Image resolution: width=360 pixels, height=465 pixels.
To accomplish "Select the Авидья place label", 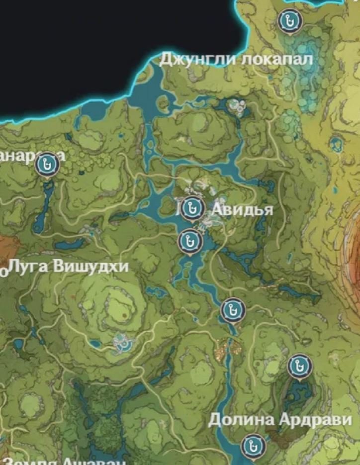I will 242,210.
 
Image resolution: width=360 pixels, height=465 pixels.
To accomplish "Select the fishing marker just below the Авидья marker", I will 189,241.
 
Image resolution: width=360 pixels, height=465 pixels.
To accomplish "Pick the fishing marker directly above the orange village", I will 232,310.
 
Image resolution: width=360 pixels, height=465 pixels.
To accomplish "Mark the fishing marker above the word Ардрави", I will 299,366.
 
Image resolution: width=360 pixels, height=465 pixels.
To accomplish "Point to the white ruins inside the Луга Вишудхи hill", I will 121,342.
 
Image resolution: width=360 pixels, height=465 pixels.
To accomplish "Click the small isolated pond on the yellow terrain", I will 336,144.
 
